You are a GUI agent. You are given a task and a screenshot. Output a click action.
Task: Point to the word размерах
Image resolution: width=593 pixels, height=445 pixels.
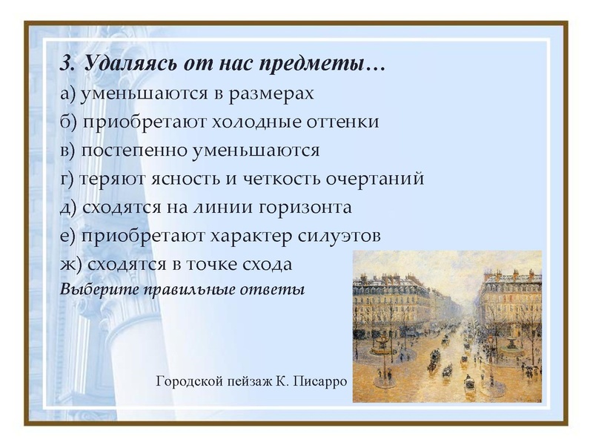tap(275, 94)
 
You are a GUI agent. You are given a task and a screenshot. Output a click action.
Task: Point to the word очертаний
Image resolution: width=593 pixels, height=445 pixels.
tap(377, 179)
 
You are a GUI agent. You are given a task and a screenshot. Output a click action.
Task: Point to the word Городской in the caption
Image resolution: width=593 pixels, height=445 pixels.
tap(186, 383)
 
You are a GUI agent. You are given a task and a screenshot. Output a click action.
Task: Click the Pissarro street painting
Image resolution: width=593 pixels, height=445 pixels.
tap(447, 326)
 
